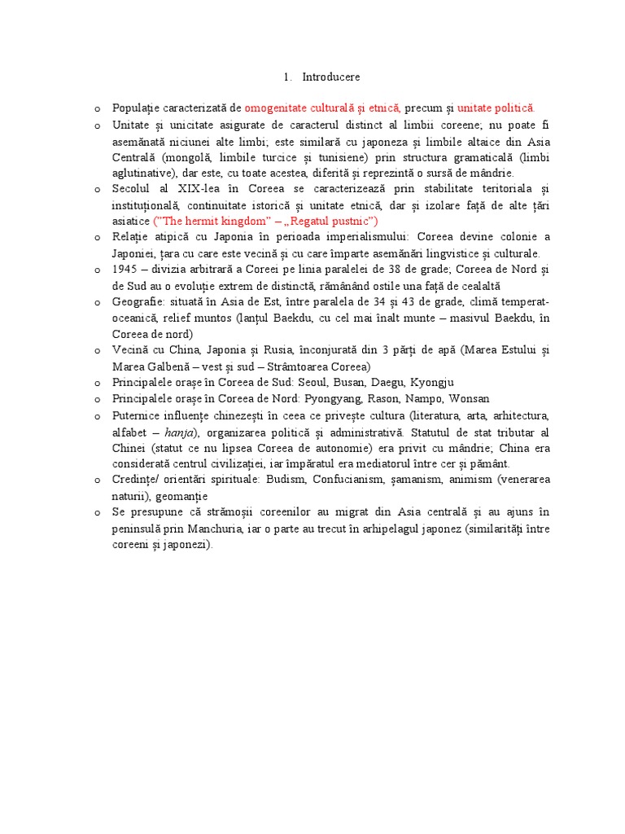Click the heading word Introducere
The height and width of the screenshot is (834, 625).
pos(330,77)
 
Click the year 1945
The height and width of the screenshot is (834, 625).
pos(125,269)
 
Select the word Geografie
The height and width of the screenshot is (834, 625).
pos(139,301)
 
